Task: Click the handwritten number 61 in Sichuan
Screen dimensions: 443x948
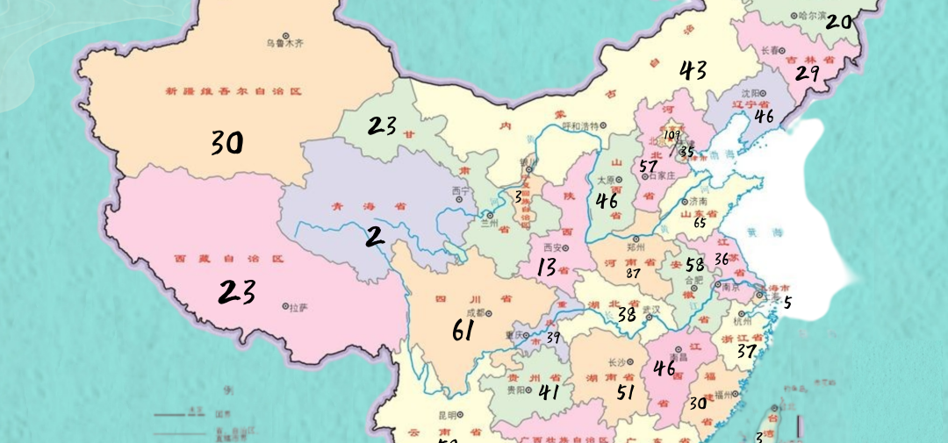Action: coord(463,331)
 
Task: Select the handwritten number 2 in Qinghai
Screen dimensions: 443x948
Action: coord(376,235)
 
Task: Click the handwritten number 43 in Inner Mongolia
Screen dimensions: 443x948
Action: coord(693,70)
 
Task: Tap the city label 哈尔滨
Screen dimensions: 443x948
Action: coord(808,16)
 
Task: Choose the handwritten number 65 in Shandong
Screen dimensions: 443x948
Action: coord(700,223)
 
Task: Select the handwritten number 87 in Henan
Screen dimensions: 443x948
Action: coord(633,273)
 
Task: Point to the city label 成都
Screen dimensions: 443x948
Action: coord(475,311)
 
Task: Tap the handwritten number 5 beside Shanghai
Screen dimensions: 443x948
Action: coord(787,304)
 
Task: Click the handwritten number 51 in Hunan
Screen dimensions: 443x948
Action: coord(625,392)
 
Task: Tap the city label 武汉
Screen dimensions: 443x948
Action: coord(650,310)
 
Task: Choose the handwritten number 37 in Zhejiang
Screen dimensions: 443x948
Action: coord(746,352)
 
